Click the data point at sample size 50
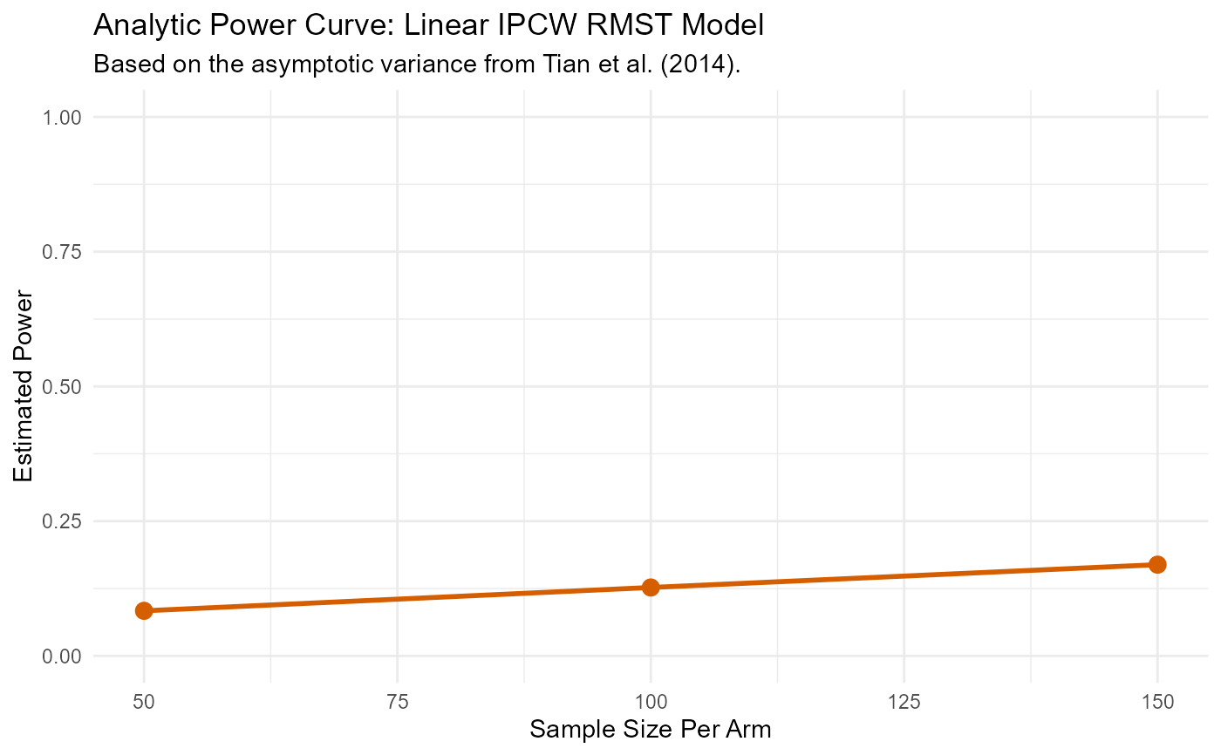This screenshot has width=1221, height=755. (144, 610)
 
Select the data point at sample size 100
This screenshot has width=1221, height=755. (651, 587)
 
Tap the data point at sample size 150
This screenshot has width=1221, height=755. (1157, 564)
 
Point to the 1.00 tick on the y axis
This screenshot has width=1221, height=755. (64, 117)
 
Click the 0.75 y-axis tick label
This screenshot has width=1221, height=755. (64, 252)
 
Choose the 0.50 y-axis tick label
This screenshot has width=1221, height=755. (64, 386)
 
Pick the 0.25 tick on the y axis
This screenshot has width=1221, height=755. (64, 521)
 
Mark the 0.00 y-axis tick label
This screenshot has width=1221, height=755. (64, 656)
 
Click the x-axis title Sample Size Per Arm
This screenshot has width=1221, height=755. (651, 730)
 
